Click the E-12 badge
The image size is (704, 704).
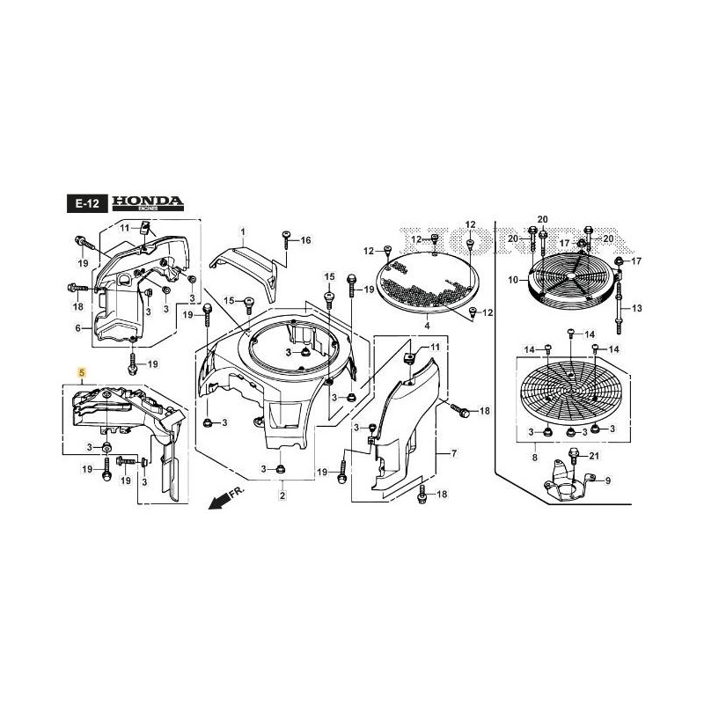coord(86,203)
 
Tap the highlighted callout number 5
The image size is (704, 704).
coord(82,373)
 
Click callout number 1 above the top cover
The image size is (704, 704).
coord(244,231)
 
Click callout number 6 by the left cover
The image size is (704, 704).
coord(78,328)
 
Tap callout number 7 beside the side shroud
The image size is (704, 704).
coord(454,453)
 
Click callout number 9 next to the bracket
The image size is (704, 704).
coord(605,480)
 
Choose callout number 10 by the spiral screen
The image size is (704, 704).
coord(512,280)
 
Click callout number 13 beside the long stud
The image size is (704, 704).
coord(638,308)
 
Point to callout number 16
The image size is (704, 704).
coord(305,239)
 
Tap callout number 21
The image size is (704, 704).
coord(593,455)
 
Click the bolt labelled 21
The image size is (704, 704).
coord(574,455)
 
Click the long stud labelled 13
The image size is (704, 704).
coord(621,299)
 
